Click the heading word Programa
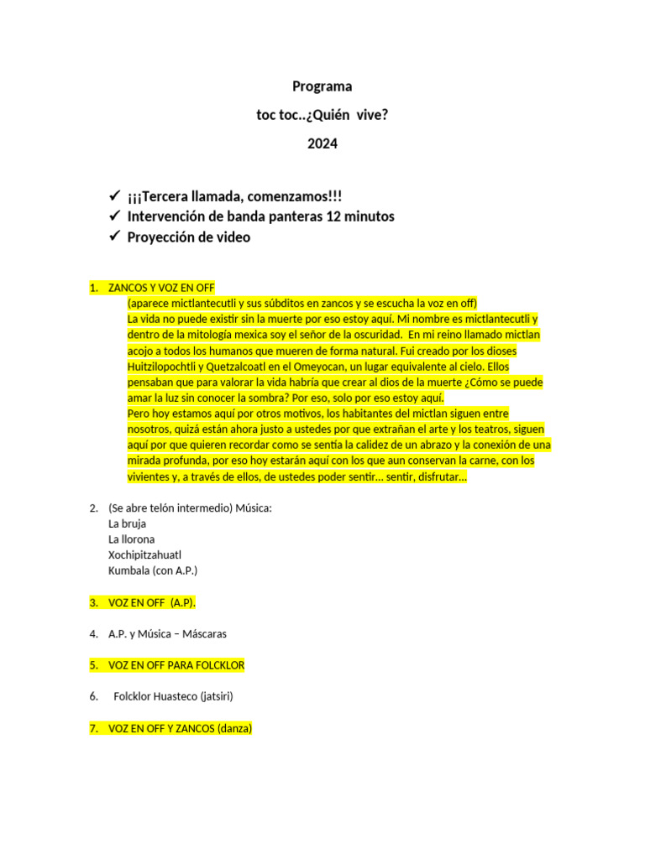pyautogui.click(x=322, y=86)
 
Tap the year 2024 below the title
pyautogui.click(x=322, y=143)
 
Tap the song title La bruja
pyautogui.click(x=128, y=523)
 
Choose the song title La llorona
pyautogui.click(x=132, y=539)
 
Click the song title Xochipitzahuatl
pyautogui.click(x=144, y=554)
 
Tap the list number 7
pyautogui.click(x=93, y=729)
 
